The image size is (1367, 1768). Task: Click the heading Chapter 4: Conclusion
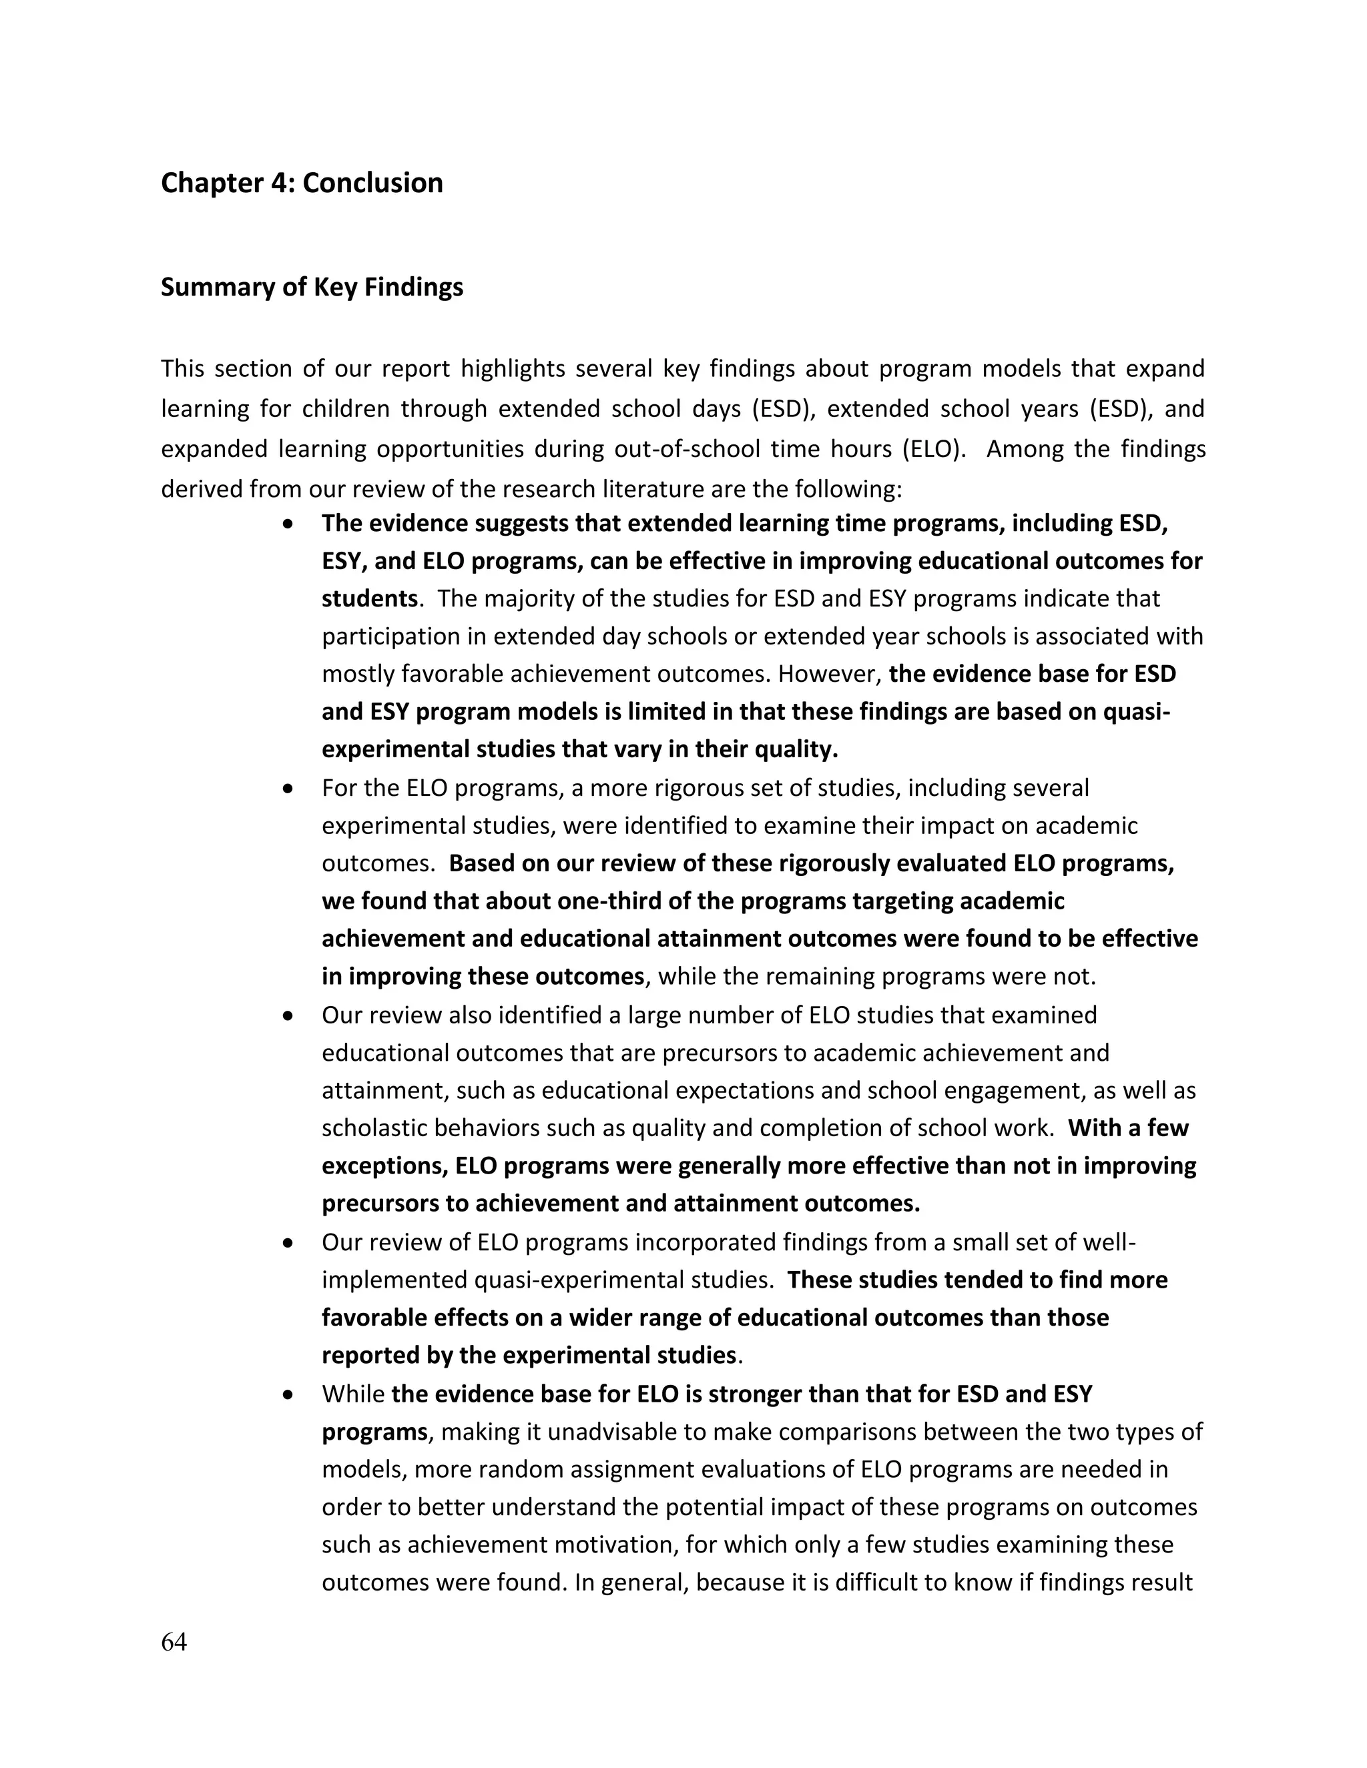(302, 183)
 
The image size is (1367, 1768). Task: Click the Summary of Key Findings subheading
(312, 288)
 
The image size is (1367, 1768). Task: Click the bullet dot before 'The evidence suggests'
(288, 524)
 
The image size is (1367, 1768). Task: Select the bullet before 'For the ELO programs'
(288, 789)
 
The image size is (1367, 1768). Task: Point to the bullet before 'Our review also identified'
(288, 1016)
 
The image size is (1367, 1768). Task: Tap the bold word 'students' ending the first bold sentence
(369, 599)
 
